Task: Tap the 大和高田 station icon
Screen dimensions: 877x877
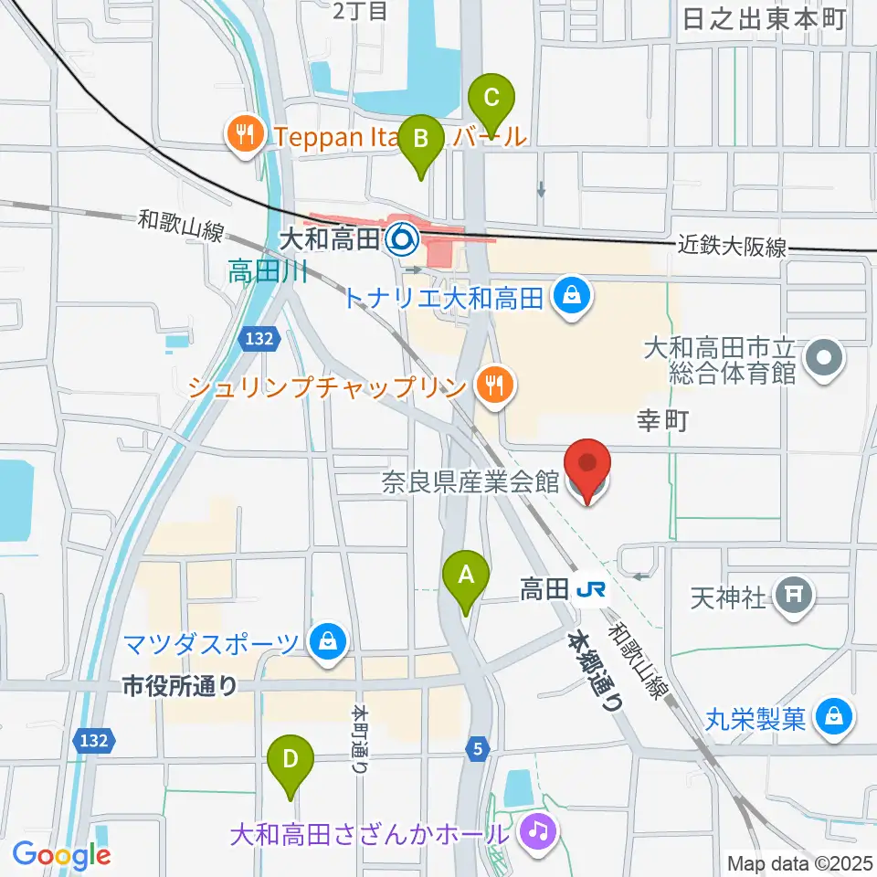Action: pyautogui.click(x=400, y=240)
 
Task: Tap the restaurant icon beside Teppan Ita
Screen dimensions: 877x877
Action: pyautogui.click(x=243, y=136)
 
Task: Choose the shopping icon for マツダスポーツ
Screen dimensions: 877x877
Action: pyautogui.click(x=326, y=642)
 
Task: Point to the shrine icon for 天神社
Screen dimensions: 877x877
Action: pyautogui.click(x=793, y=597)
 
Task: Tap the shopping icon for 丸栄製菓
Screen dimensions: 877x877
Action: pyautogui.click(x=834, y=718)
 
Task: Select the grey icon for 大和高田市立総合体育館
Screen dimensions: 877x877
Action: pyautogui.click(x=826, y=359)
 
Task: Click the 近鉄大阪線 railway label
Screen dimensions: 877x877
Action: pyautogui.click(x=732, y=246)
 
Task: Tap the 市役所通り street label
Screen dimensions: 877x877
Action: pyautogui.click(x=181, y=685)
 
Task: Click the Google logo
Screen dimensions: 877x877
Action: pyautogui.click(x=62, y=854)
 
